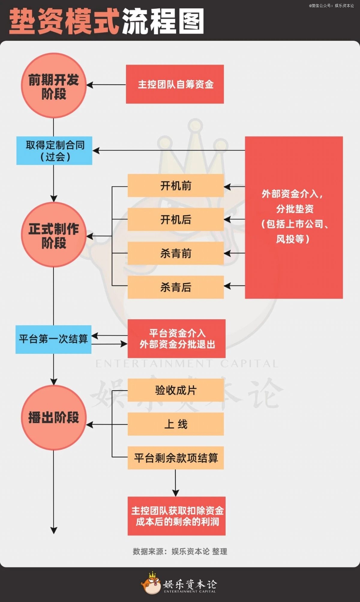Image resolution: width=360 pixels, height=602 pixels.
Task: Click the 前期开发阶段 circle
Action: (54, 85)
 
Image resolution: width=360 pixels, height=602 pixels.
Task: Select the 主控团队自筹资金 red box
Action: (175, 84)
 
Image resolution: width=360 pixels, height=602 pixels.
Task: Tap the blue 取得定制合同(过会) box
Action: (54, 150)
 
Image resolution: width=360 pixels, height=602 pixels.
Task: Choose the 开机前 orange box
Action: (176, 186)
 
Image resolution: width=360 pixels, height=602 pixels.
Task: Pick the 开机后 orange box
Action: (176, 219)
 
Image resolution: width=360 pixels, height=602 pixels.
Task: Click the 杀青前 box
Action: (176, 253)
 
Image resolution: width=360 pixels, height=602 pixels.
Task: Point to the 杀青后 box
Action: (176, 287)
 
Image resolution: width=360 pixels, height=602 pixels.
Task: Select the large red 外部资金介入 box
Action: (294, 217)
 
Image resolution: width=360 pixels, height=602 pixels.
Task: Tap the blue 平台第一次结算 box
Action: (53, 339)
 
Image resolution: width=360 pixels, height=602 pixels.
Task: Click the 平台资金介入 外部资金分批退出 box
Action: (177, 338)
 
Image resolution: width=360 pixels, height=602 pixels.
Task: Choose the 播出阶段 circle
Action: (54, 418)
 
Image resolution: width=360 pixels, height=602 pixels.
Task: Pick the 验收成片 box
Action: (176, 390)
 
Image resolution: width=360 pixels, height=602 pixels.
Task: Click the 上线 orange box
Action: (176, 424)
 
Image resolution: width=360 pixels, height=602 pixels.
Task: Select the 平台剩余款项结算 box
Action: (176, 458)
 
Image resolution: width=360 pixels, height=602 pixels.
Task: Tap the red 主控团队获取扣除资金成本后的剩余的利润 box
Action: (177, 516)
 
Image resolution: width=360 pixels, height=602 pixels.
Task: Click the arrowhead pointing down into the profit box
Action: (175, 493)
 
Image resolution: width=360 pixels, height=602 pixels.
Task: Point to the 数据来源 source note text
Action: (180, 551)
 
